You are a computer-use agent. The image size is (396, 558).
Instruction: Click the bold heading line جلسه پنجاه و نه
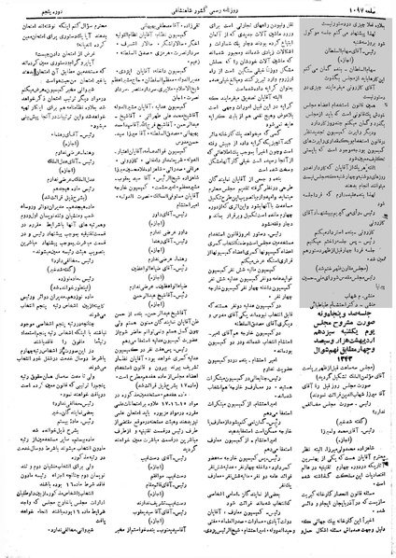coord(339,288)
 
